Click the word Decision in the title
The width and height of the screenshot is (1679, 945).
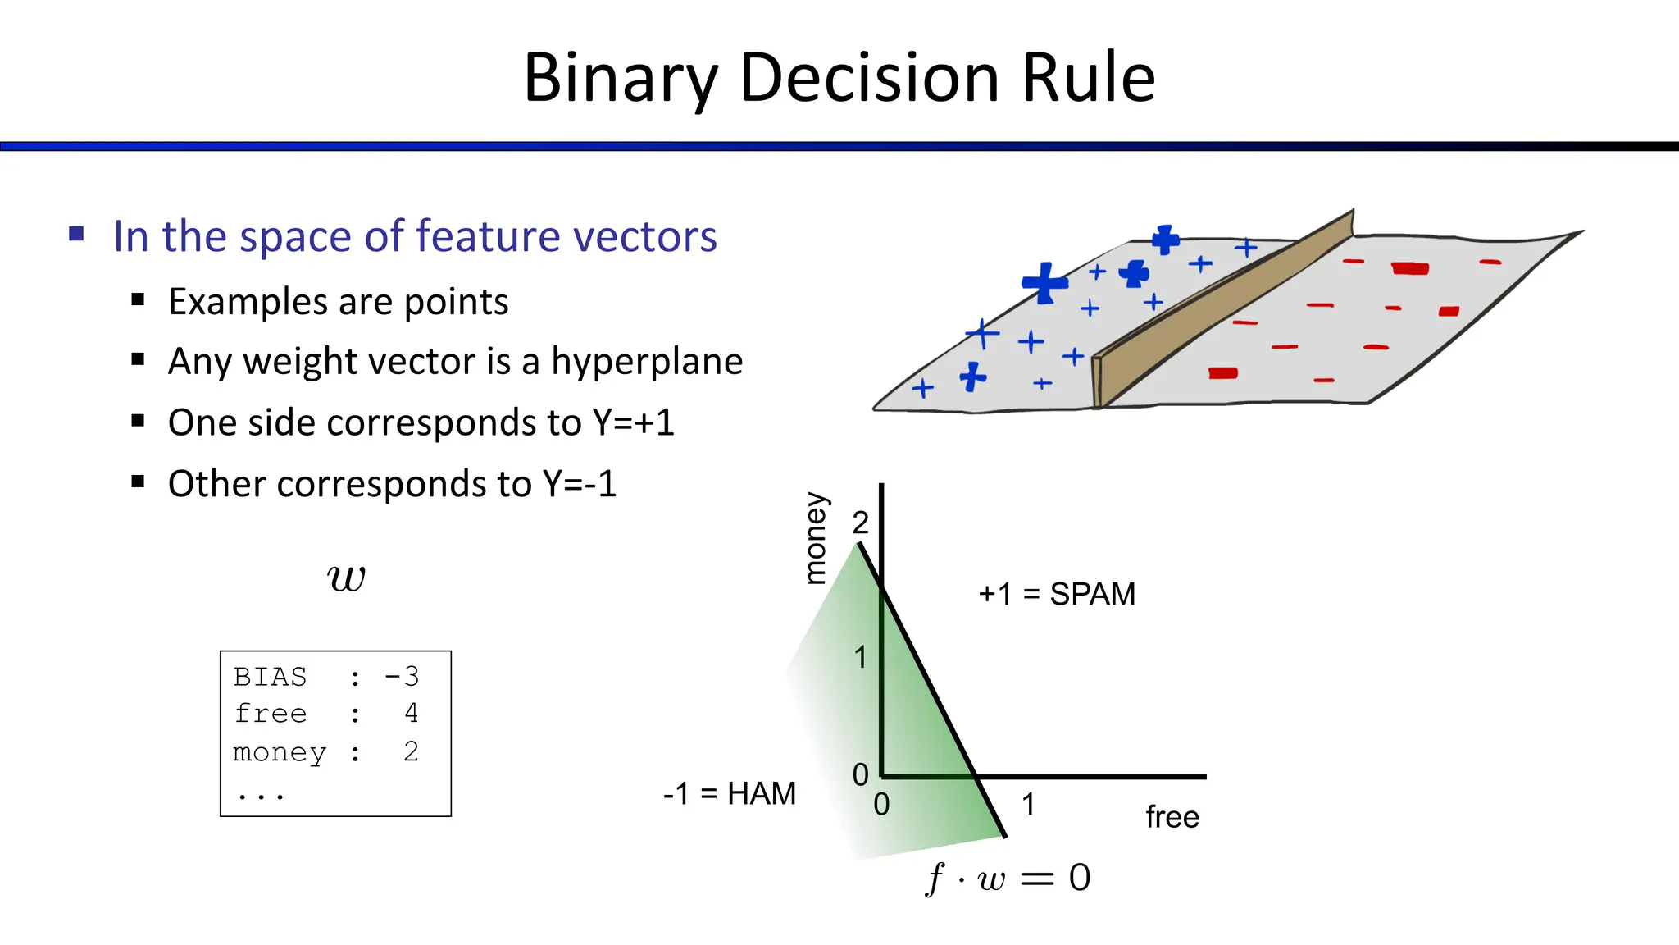pos(869,78)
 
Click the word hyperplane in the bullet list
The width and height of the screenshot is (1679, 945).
pos(647,362)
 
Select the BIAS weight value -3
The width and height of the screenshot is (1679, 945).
pos(402,677)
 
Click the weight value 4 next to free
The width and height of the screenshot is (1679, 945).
pos(411,713)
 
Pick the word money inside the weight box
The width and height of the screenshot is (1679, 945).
pos(280,752)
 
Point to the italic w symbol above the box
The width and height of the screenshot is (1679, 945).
pos(346,578)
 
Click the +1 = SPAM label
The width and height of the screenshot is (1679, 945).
pos(1057,594)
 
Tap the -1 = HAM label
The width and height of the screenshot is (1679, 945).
pos(730,794)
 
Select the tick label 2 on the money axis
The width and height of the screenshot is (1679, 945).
pos(860,523)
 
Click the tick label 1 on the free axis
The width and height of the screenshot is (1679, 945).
pos(1028,805)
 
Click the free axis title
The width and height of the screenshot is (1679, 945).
pos(1172,817)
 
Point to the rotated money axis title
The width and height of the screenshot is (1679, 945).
pos(815,538)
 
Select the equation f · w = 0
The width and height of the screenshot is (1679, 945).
pos(1008,879)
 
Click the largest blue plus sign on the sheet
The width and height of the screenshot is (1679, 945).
pos(1044,283)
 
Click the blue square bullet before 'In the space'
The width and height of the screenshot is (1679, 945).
pos(77,235)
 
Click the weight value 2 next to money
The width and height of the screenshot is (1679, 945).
pos(411,751)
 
